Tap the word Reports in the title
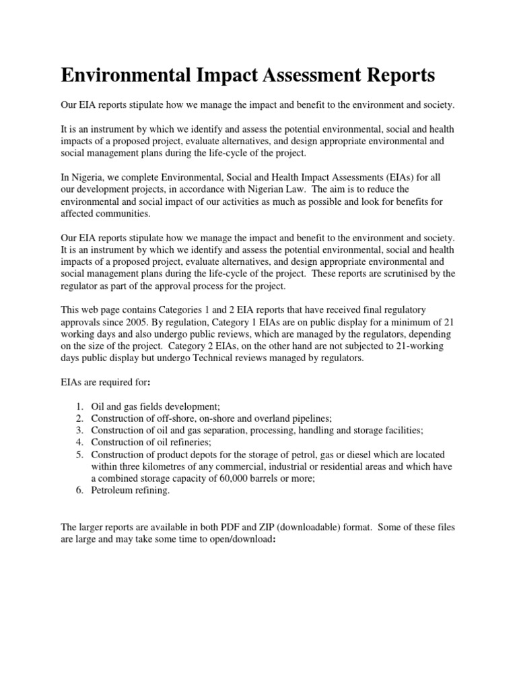click(398, 75)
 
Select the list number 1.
click(79, 407)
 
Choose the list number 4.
click(79, 443)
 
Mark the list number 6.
click(79, 491)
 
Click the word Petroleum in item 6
click(114, 491)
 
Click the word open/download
click(240, 540)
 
